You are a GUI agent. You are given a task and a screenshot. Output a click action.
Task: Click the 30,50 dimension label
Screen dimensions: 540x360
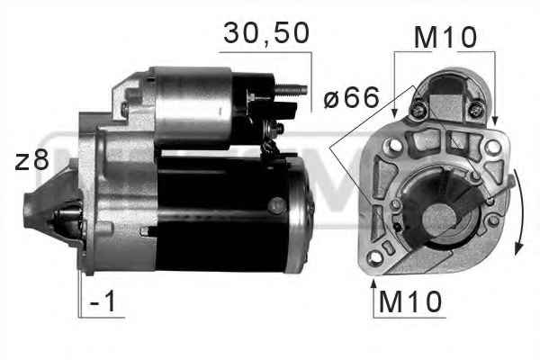(266, 33)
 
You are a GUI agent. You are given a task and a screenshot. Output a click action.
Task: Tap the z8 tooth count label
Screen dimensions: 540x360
(31, 159)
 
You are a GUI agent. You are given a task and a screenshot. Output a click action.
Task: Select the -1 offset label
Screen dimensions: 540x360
(103, 301)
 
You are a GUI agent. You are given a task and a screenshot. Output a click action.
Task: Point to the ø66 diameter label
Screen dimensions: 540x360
(352, 97)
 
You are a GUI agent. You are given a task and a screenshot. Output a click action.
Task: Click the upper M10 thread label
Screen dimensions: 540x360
(445, 37)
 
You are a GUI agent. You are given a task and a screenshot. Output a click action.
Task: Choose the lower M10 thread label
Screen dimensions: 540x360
(409, 301)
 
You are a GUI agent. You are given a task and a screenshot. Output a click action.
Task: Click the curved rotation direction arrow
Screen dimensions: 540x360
(519, 211)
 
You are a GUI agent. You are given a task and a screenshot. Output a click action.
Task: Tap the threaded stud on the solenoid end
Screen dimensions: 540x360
(291, 90)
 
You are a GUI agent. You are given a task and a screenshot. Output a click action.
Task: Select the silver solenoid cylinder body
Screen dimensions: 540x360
(193, 107)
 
